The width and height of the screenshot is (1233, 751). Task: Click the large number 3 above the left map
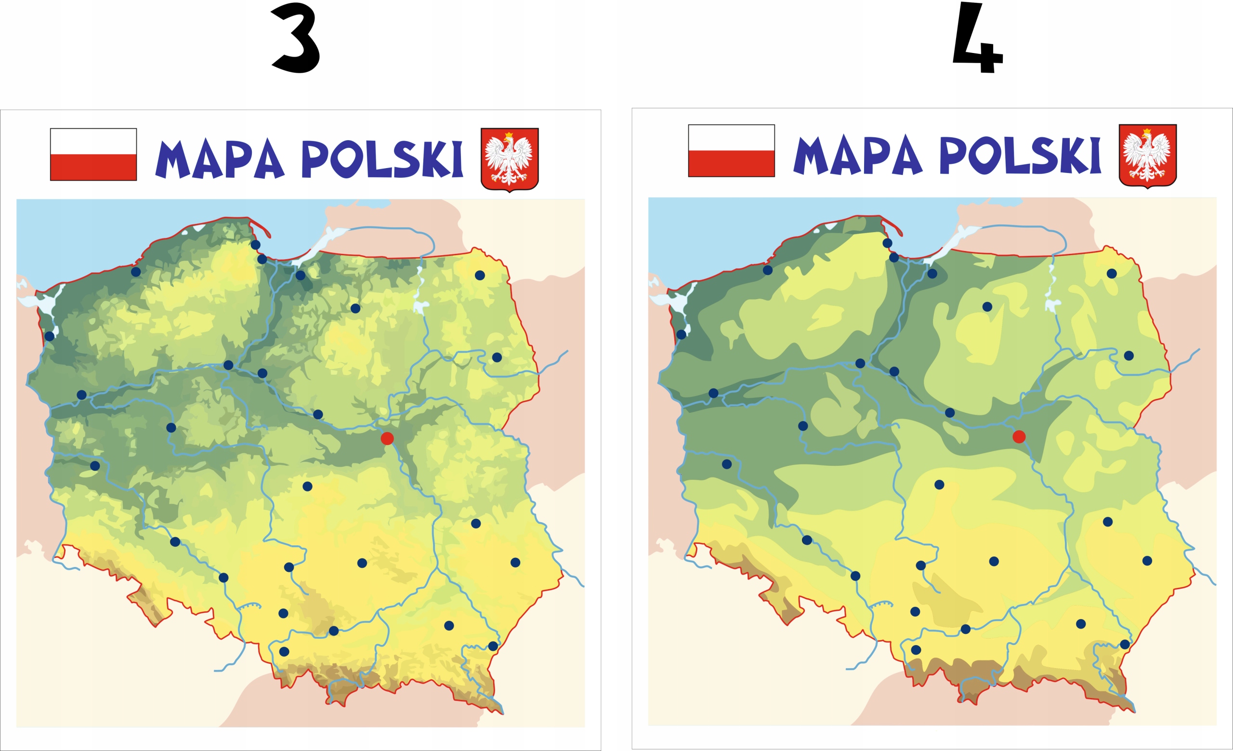click(x=296, y=38)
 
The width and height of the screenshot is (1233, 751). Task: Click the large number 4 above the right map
click(x=977, y=39)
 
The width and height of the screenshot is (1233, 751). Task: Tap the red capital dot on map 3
click(x=387, y=439)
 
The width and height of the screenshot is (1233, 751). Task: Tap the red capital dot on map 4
click(x=1019, y=437)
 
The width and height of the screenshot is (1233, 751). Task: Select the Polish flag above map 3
click(x=93, y=154)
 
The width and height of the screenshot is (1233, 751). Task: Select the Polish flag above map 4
click(x=731, y=151)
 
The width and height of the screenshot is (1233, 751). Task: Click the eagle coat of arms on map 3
click(x=510, y=159)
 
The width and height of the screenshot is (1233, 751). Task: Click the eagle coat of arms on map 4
click(x=1147, y=156)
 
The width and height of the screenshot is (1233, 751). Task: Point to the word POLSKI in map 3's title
click(x=382, y=159)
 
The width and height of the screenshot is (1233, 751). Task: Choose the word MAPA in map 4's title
click(x=857, y=156)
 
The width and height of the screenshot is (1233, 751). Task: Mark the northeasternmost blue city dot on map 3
click(x=480, y=275)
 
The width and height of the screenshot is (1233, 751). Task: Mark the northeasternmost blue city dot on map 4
click(x=1112, y=274)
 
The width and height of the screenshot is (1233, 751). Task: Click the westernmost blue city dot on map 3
click(x=50, y=336)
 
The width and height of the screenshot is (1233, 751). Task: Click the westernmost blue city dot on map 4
click(x=681, y=334)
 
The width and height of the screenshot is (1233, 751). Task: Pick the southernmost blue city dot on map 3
click(x=284, y=651)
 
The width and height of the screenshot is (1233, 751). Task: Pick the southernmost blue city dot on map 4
click(x=916, y=650)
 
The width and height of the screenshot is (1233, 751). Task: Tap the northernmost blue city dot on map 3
click(x=256, y=245)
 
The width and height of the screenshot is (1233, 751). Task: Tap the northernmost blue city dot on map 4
click(x=887, y=243)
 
